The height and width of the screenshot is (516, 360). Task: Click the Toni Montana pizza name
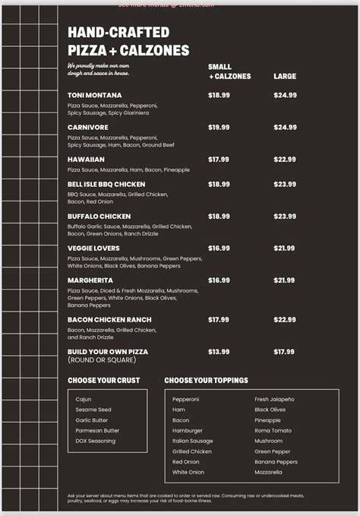pos(94,95)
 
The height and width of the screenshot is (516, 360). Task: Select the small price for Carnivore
pos(219,127)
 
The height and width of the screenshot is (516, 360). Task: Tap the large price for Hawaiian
pos(285,159)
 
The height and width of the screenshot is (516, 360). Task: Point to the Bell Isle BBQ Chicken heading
pos(106,184)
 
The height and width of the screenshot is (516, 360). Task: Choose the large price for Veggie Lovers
pos(285,248)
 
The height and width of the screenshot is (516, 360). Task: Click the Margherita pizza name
pos(90,280)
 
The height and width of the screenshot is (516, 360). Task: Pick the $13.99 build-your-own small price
pos(219,352)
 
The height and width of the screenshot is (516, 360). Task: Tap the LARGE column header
pos(284,77)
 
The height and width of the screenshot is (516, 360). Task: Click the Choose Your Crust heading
pos(103,380)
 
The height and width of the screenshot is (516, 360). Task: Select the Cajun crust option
pos(84,399)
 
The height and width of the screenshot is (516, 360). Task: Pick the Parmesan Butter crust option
pos(97,430)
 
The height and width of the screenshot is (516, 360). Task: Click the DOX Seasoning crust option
pos(96,441)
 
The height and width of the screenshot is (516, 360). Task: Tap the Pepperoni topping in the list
pos(185,399)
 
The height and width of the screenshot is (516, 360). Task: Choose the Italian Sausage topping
pos(193,441)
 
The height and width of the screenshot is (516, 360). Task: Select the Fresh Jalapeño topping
pos(274,399)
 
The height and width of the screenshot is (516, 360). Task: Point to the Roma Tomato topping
pos(272,430)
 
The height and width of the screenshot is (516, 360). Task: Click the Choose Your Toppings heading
pos(206,380)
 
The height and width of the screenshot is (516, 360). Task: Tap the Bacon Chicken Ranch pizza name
pos(109,320)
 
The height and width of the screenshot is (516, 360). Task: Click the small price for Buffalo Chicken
pos(219,216)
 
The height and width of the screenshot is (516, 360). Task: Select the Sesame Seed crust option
pos(93,410)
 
